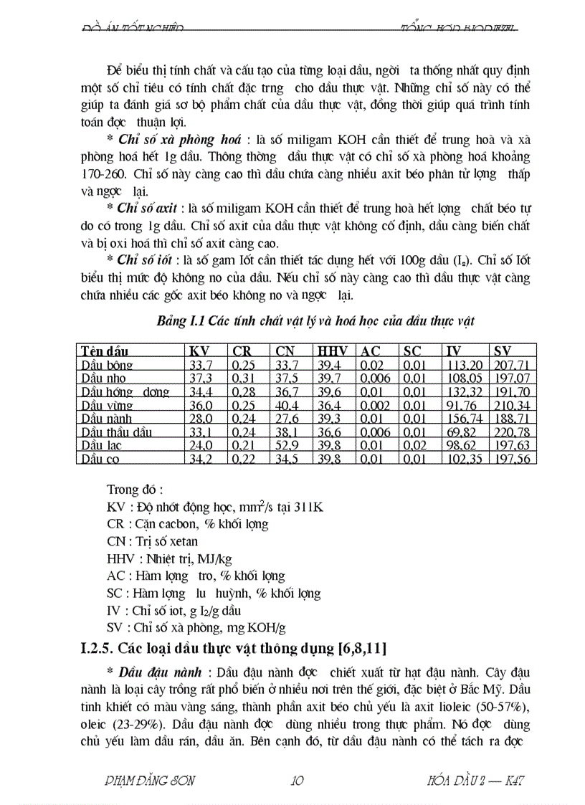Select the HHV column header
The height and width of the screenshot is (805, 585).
[331, 351]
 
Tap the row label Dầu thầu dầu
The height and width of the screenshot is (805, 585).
[112, 432]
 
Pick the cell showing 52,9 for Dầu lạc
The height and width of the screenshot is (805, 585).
[288, 446]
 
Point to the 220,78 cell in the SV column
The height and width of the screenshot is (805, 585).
[512, 432]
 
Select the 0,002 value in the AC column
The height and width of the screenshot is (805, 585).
[376, 405]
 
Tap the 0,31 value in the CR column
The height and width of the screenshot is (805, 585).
[244, 378]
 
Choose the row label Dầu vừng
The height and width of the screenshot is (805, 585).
[103, 405]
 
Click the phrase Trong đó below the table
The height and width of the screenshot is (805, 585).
[134, 490]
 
